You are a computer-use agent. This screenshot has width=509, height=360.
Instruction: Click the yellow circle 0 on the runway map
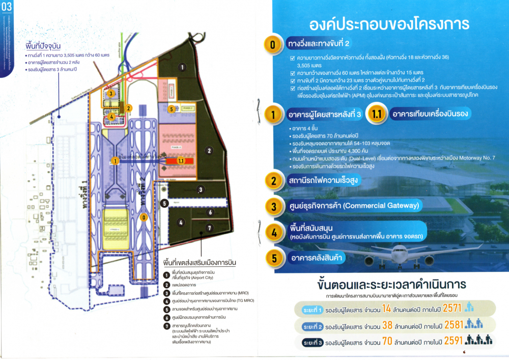[144, 217]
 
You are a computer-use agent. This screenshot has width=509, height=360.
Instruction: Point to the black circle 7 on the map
[209, 228]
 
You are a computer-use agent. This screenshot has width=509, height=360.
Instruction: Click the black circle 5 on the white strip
[164, 203]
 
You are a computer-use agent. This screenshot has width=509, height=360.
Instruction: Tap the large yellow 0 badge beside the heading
[273, 45]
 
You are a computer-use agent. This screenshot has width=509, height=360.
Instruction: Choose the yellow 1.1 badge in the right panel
[378, 114]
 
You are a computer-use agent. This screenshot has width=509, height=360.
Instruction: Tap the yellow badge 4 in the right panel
[274, 233]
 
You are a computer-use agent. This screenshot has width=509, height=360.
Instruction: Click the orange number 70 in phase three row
[387, 342]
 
